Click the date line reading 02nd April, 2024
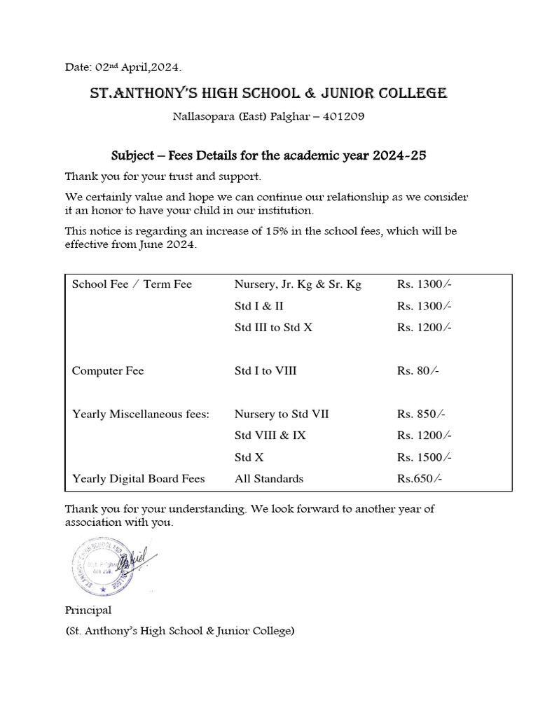point(123,67)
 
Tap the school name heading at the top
point(268,93)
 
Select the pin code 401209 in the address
point(343,117)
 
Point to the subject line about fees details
point(269,155)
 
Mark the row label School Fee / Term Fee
point(132,284)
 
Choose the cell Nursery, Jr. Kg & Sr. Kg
point(298,284)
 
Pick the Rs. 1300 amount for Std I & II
point(424,306)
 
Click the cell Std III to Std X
point(273,327)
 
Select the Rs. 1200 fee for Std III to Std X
point(424,327)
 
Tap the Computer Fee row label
point(108,370)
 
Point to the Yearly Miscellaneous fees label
point(141,414)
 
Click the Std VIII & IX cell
point(270,435)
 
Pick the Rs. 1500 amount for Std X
point(424,457)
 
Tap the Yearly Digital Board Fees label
point(139,479)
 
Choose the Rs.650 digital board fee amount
point(419,479)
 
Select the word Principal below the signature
point(88,610)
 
